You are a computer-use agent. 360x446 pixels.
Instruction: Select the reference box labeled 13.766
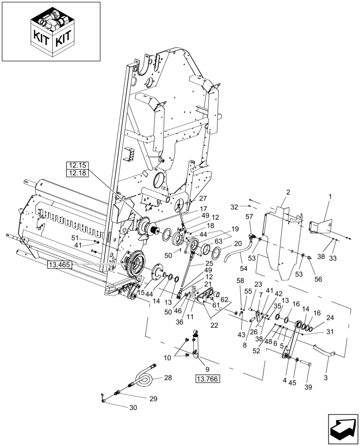click(208, 379)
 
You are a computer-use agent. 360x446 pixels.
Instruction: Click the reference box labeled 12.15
click(78, 165)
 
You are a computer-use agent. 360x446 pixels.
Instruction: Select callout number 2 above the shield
click(288, 192)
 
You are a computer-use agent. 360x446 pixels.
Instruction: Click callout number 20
click(238, 244)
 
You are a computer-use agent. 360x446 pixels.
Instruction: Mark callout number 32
click(234, 207)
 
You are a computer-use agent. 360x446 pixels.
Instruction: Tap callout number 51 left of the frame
click(75, 238)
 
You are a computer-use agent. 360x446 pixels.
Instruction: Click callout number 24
click(329, 318)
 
